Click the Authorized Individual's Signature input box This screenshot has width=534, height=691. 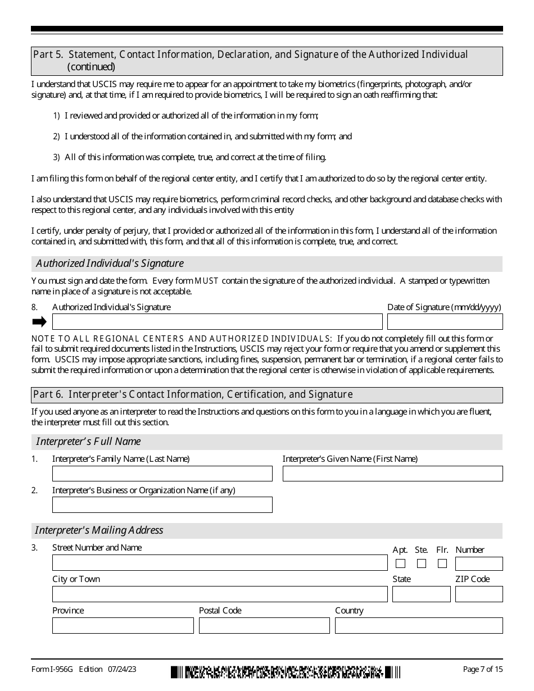(x=217, y=321)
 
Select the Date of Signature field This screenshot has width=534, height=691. (x=445, y=321)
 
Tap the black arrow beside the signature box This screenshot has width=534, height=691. (x=39, y=321)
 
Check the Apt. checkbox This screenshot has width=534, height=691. (x=400, y=563)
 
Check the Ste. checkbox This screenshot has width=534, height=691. (x=422, y=563)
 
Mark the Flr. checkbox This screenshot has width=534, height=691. (x=442, y=563)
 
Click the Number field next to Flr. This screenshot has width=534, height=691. (x=479, y=563)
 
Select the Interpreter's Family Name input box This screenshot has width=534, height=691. (x=162, y=474)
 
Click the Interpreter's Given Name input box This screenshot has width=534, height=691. (x=392, y=474)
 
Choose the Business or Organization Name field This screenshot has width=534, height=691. (x=162, y=504)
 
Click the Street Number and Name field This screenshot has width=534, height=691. (x=220, y=563)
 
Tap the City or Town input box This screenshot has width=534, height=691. (x=220, y=594)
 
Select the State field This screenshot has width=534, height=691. (x=421, y=594)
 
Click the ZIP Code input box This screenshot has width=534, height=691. (x=479, y=594)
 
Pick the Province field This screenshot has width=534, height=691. (x=123, y=625)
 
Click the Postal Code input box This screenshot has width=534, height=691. (x=264, y=625)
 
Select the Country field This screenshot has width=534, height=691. (x=419, y=625)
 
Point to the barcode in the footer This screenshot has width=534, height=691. (x=286, y=671)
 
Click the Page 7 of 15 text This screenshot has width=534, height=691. (x=482, y=669)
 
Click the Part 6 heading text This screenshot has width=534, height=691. (x=192, y=394)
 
